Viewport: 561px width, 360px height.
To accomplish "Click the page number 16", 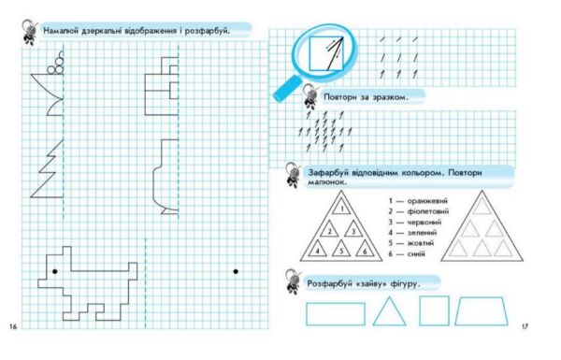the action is tap(13, 326).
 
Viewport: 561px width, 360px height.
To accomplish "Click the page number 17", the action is tap(525, 326).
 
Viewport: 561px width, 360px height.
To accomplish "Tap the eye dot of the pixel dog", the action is tap(55, 271).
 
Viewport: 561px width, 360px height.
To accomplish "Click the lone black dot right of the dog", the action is tap(236, 271).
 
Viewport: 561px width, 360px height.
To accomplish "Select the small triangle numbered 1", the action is tap(341, 207).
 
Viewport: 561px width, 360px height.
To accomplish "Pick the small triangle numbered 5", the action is tap(341, 249).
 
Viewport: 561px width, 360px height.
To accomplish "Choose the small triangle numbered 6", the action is tap(365, 249).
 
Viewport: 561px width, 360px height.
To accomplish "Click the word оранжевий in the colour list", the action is tap(427, 201).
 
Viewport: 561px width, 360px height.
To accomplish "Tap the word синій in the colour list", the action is tap(416, 254).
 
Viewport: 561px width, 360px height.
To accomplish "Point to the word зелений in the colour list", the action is tap(422, 233).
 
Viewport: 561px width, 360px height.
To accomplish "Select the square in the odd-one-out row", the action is tap(434, 310).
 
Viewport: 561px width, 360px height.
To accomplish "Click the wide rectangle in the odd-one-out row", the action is tap(336, 314).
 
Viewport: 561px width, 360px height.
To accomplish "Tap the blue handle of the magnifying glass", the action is tap(287, 89).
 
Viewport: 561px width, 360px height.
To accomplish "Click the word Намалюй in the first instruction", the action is tap(61, 31).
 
